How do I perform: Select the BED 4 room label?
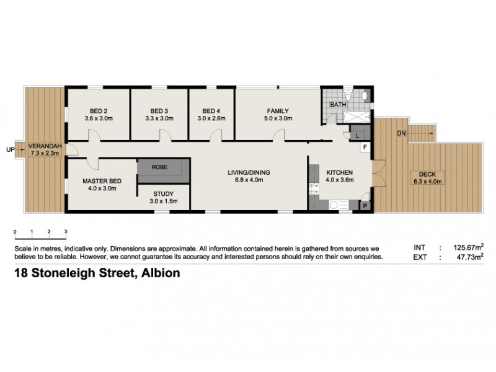211,111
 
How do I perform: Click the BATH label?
338,105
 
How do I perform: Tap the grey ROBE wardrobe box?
159,167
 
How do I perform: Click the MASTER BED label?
102,180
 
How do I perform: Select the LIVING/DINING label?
249,172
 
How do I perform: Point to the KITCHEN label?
339,172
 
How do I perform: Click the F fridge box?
365,147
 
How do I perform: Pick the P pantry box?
365,205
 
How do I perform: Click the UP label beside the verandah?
9,149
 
